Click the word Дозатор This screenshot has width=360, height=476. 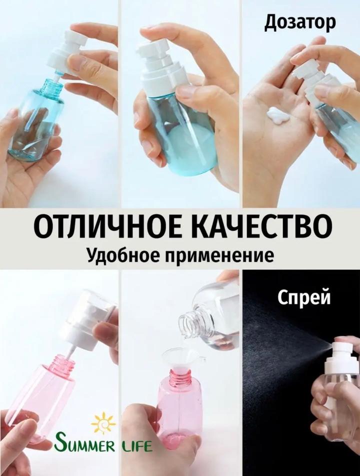coord(300,23)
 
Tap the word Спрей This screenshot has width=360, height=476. coord(304,297)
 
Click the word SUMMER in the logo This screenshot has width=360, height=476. coord(84,445)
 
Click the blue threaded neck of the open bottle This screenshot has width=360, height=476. coord(51,87)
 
